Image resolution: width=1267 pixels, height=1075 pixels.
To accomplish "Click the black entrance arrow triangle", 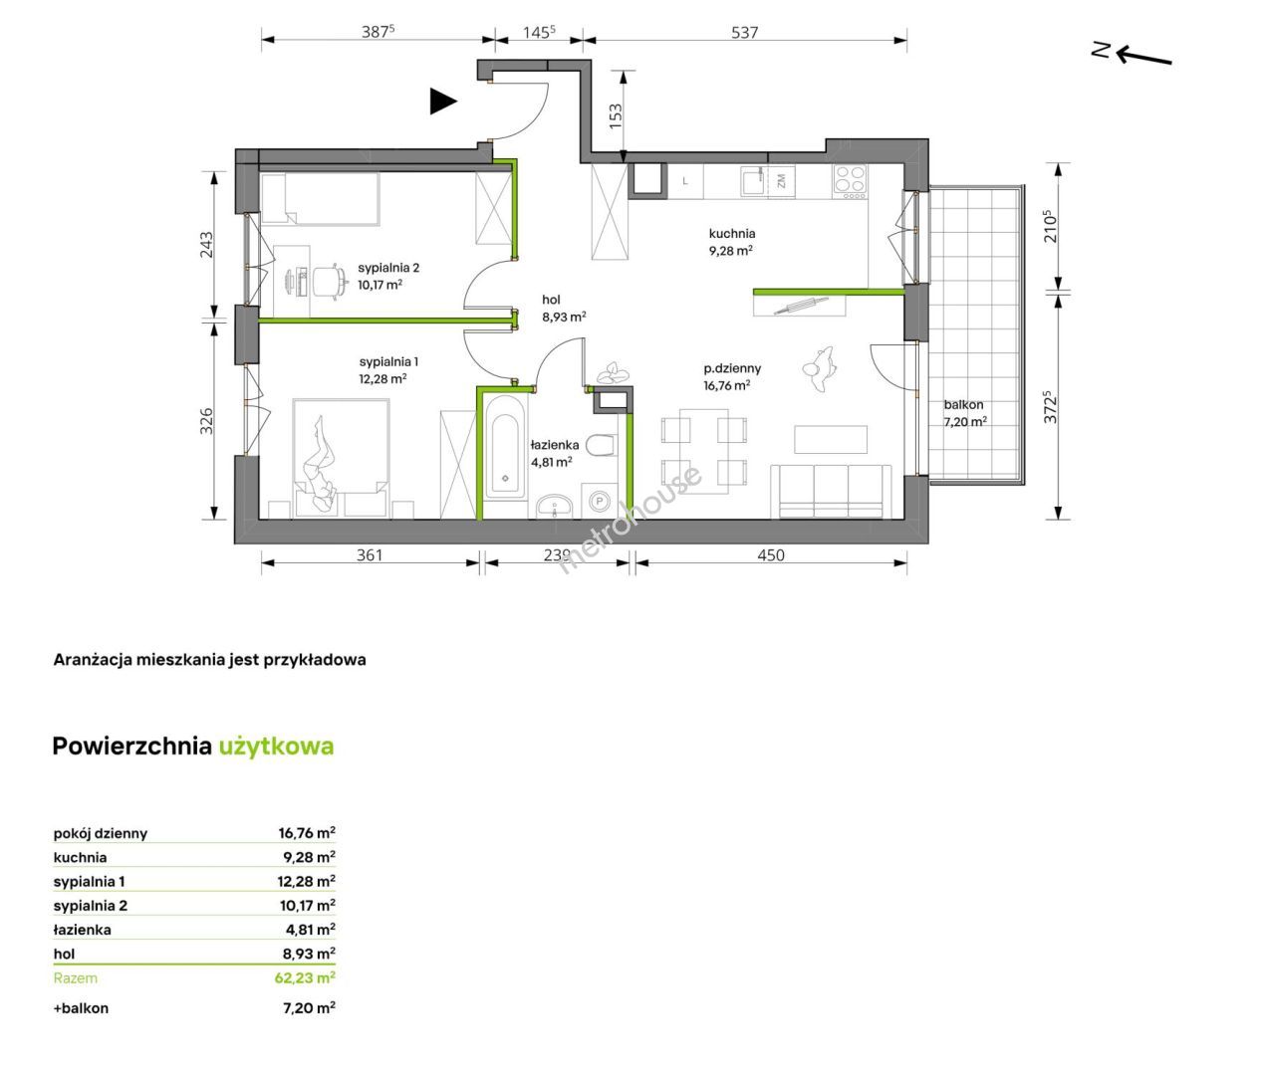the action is coord(442,102).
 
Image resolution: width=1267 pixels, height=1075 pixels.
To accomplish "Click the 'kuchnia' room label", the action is coord(732,233).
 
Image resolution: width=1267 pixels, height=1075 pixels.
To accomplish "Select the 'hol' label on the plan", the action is coord(551,300).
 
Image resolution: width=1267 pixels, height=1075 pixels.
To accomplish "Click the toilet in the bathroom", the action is coord(602,446).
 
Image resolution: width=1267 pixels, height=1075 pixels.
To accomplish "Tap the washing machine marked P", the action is coord(600,502).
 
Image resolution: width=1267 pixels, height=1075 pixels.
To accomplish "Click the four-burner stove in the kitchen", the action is coord(850,182).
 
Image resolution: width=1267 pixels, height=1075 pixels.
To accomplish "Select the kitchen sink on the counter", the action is coord(753,181).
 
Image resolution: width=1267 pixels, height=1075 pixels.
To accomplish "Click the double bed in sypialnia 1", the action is coord(342,459).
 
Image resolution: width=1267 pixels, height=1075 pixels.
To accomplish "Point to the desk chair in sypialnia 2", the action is coord(328,282).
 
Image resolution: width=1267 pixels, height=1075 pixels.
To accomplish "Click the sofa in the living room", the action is coord(831,492).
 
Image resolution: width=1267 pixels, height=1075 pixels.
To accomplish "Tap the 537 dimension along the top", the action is coord(745,33).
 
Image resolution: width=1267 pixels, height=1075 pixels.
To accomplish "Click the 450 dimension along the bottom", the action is coord(771,555).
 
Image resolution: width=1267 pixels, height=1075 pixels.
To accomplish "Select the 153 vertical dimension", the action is coord(616,115).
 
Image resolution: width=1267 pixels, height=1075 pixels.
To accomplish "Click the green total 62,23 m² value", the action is coord(305,977).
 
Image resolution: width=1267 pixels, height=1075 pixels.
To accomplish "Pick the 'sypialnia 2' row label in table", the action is coord(90,906).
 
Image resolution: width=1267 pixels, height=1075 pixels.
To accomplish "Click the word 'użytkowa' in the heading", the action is coord(277,747).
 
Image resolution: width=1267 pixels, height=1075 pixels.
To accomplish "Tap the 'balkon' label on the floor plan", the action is coord(963,405).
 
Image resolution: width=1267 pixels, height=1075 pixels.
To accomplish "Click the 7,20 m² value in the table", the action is coord(309,1007).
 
